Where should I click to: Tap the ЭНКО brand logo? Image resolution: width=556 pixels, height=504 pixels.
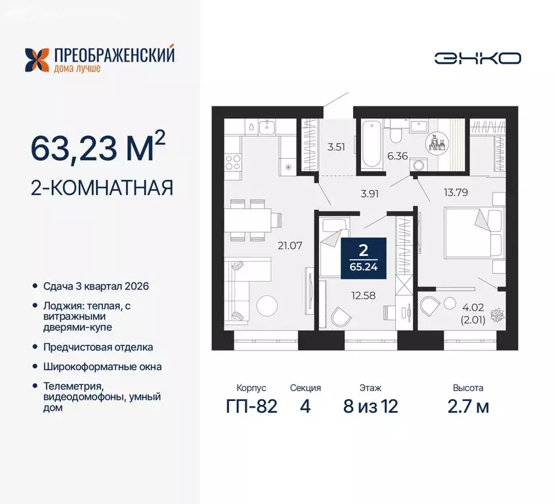478,58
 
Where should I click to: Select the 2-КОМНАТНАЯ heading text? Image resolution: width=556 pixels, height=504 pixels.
102,188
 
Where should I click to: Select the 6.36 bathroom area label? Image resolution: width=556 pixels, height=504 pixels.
397,156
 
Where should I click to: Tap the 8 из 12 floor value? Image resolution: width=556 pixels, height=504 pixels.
370,406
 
